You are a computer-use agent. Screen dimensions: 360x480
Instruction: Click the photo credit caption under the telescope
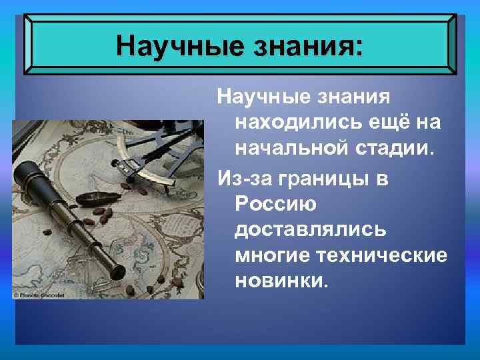39,294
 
